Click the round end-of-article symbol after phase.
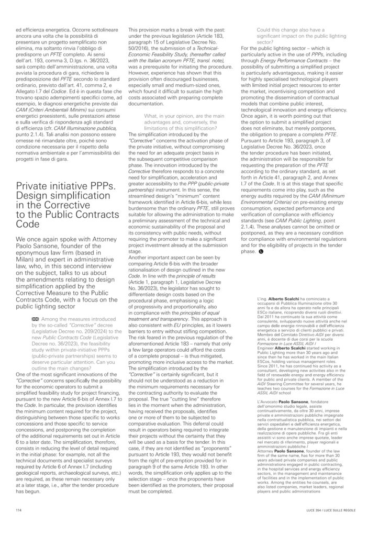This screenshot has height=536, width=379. pos(261,251)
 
